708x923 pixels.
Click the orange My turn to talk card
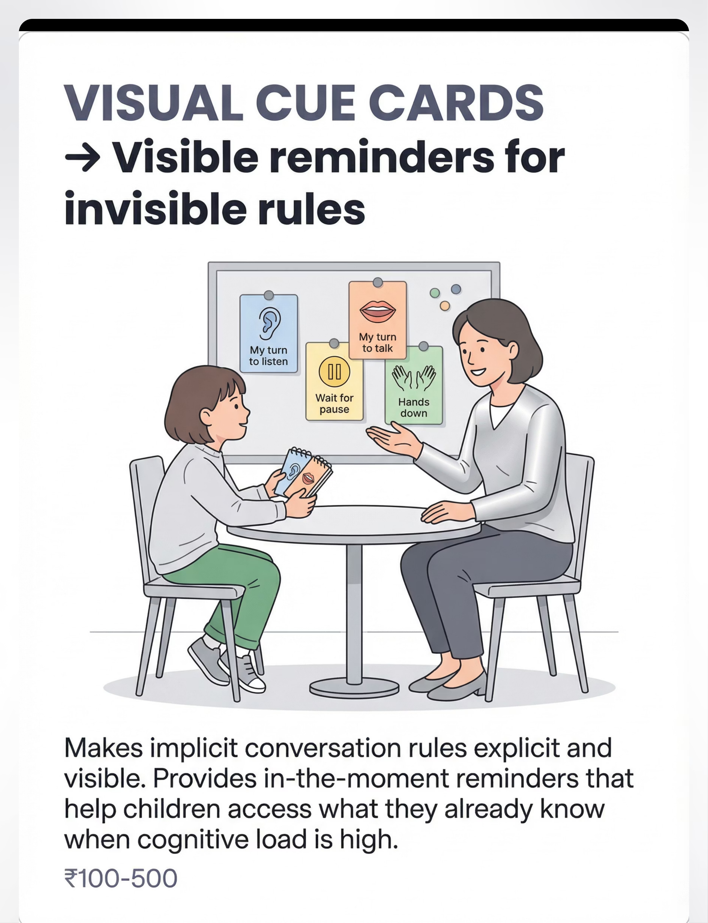click(x=378, y=320)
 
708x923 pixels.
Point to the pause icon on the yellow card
click(x=334, y=372)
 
